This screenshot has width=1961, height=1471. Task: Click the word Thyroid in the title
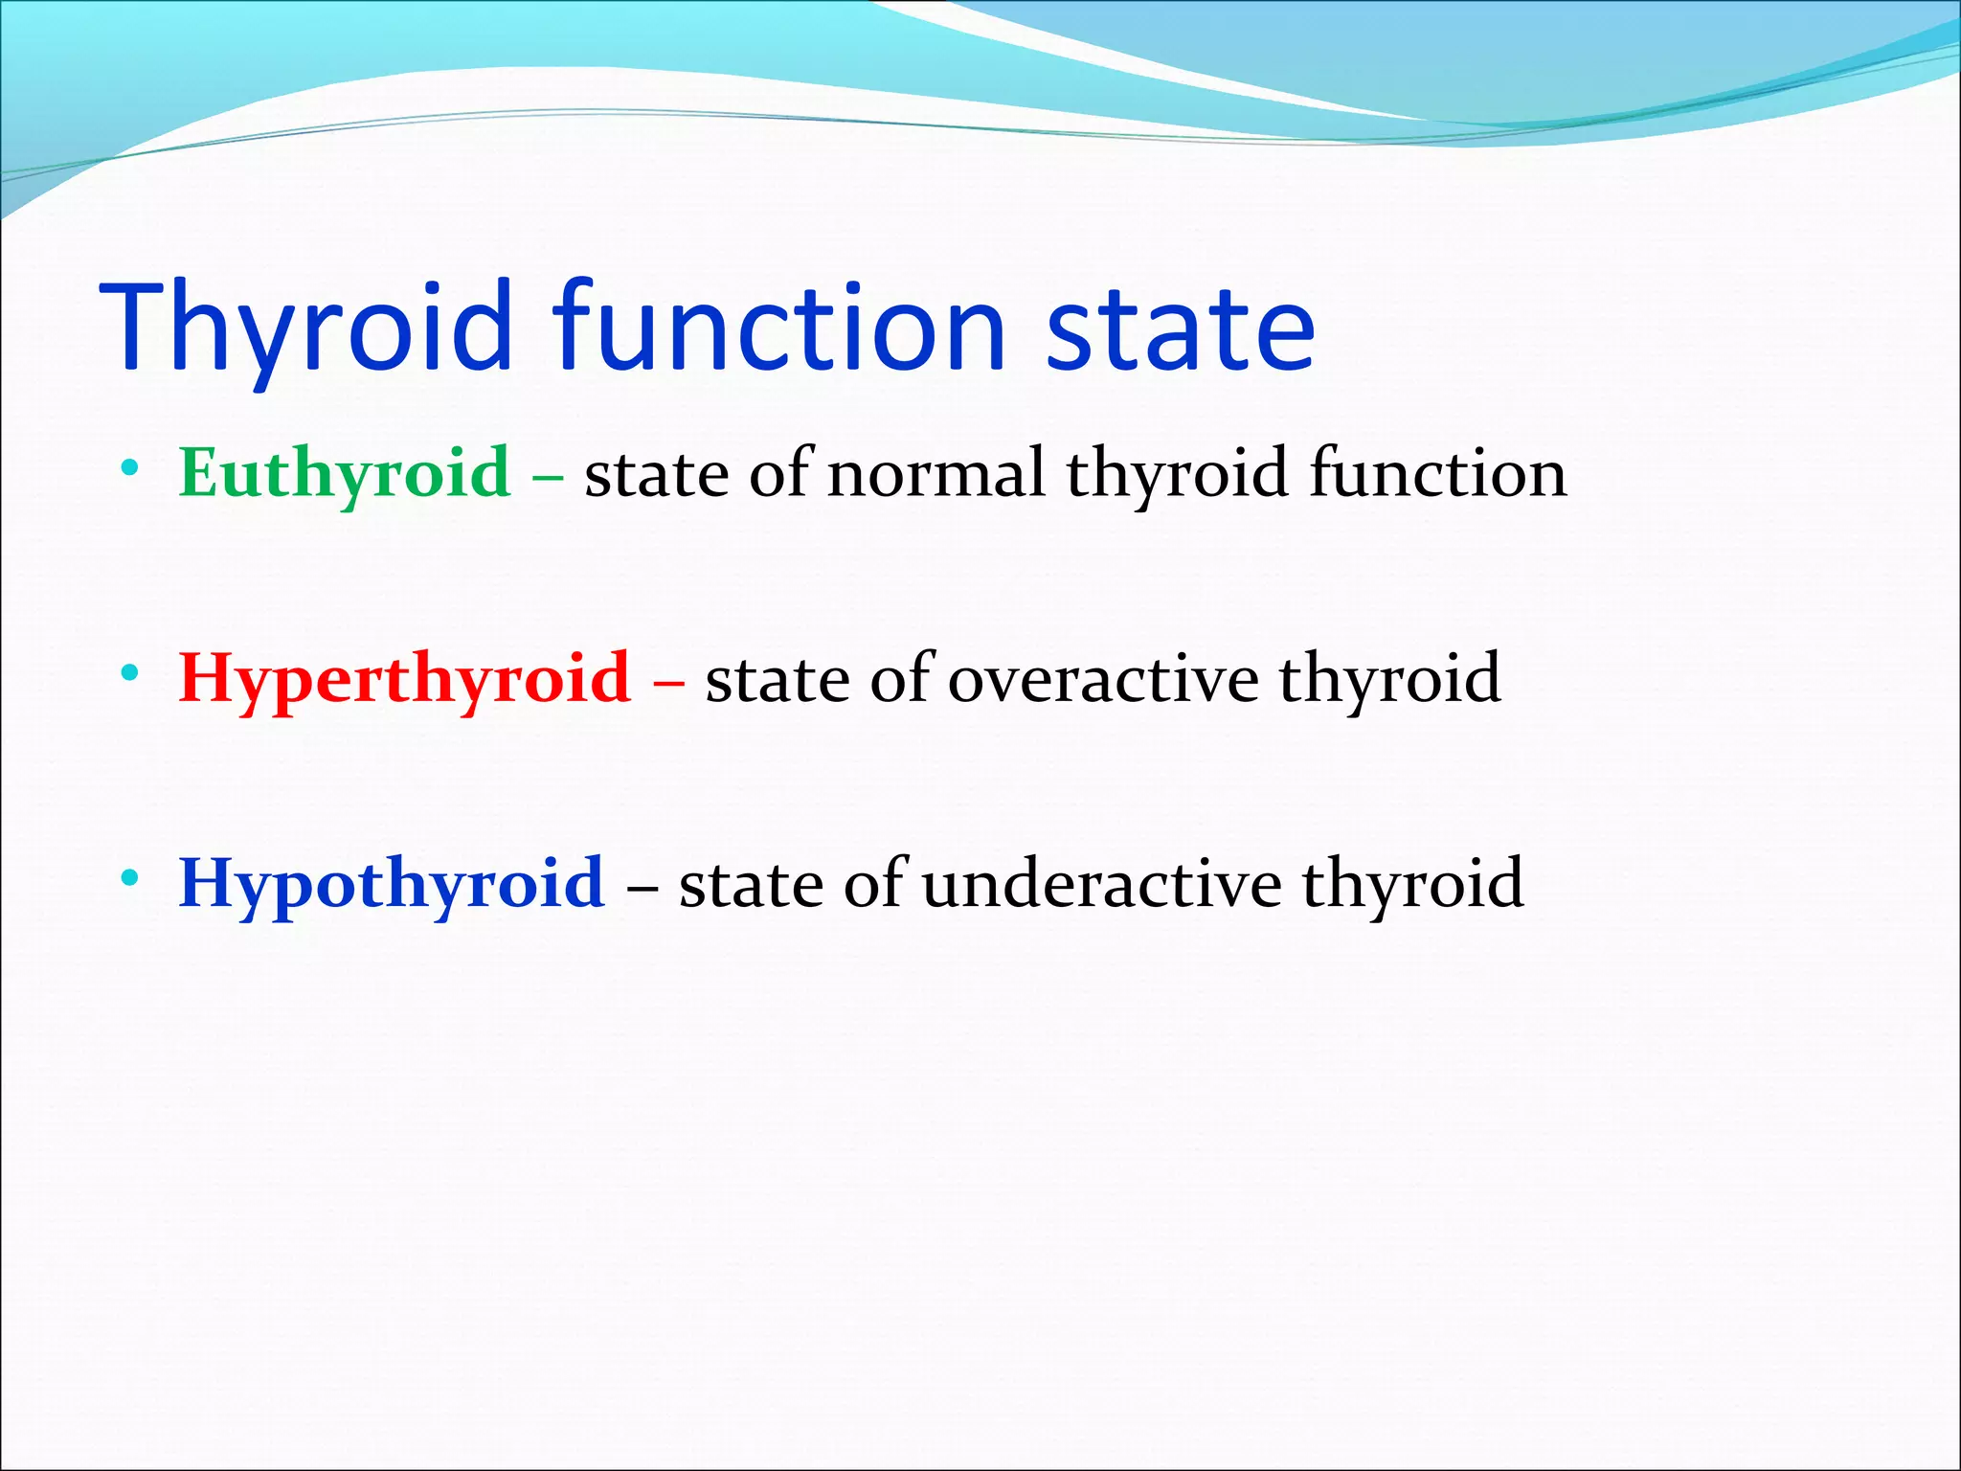point(306,328)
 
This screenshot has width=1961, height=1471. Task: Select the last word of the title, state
point(1180,328)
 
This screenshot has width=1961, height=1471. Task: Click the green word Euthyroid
point(345,473)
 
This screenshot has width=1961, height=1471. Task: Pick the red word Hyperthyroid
point(404,678)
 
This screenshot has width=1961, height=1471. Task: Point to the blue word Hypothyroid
point(392,883)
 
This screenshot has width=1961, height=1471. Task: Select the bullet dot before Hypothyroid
point(130,878)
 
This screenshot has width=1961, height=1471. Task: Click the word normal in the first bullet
point(935,473)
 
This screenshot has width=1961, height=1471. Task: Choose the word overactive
point(1103,678)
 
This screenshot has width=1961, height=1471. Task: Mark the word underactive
point(1101,883)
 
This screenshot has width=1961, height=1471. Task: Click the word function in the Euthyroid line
point(1437,473)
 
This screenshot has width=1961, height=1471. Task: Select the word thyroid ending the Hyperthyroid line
point(1389,678)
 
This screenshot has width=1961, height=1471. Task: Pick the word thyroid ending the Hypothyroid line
point(1412,883)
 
